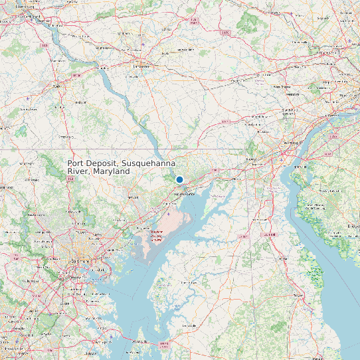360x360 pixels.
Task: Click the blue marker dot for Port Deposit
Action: tap(179, 179)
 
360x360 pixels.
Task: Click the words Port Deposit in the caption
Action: tap(94, 163)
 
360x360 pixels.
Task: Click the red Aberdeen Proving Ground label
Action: tap(157, 233)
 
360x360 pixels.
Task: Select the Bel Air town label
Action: tap(133, 197)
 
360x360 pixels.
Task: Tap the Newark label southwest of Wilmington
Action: tap(253, 160)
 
